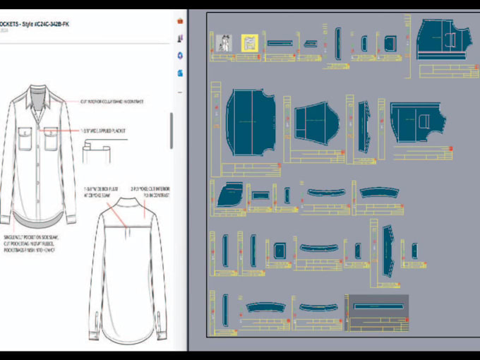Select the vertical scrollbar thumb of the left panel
[x=172, y=130]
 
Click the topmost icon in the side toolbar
[x=181, y=20]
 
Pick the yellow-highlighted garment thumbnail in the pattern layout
[x=249, y=43]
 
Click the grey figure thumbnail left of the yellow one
[x=225, y=43]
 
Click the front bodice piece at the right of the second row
[x=416, y=121]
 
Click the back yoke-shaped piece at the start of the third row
[x=229, y=194]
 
